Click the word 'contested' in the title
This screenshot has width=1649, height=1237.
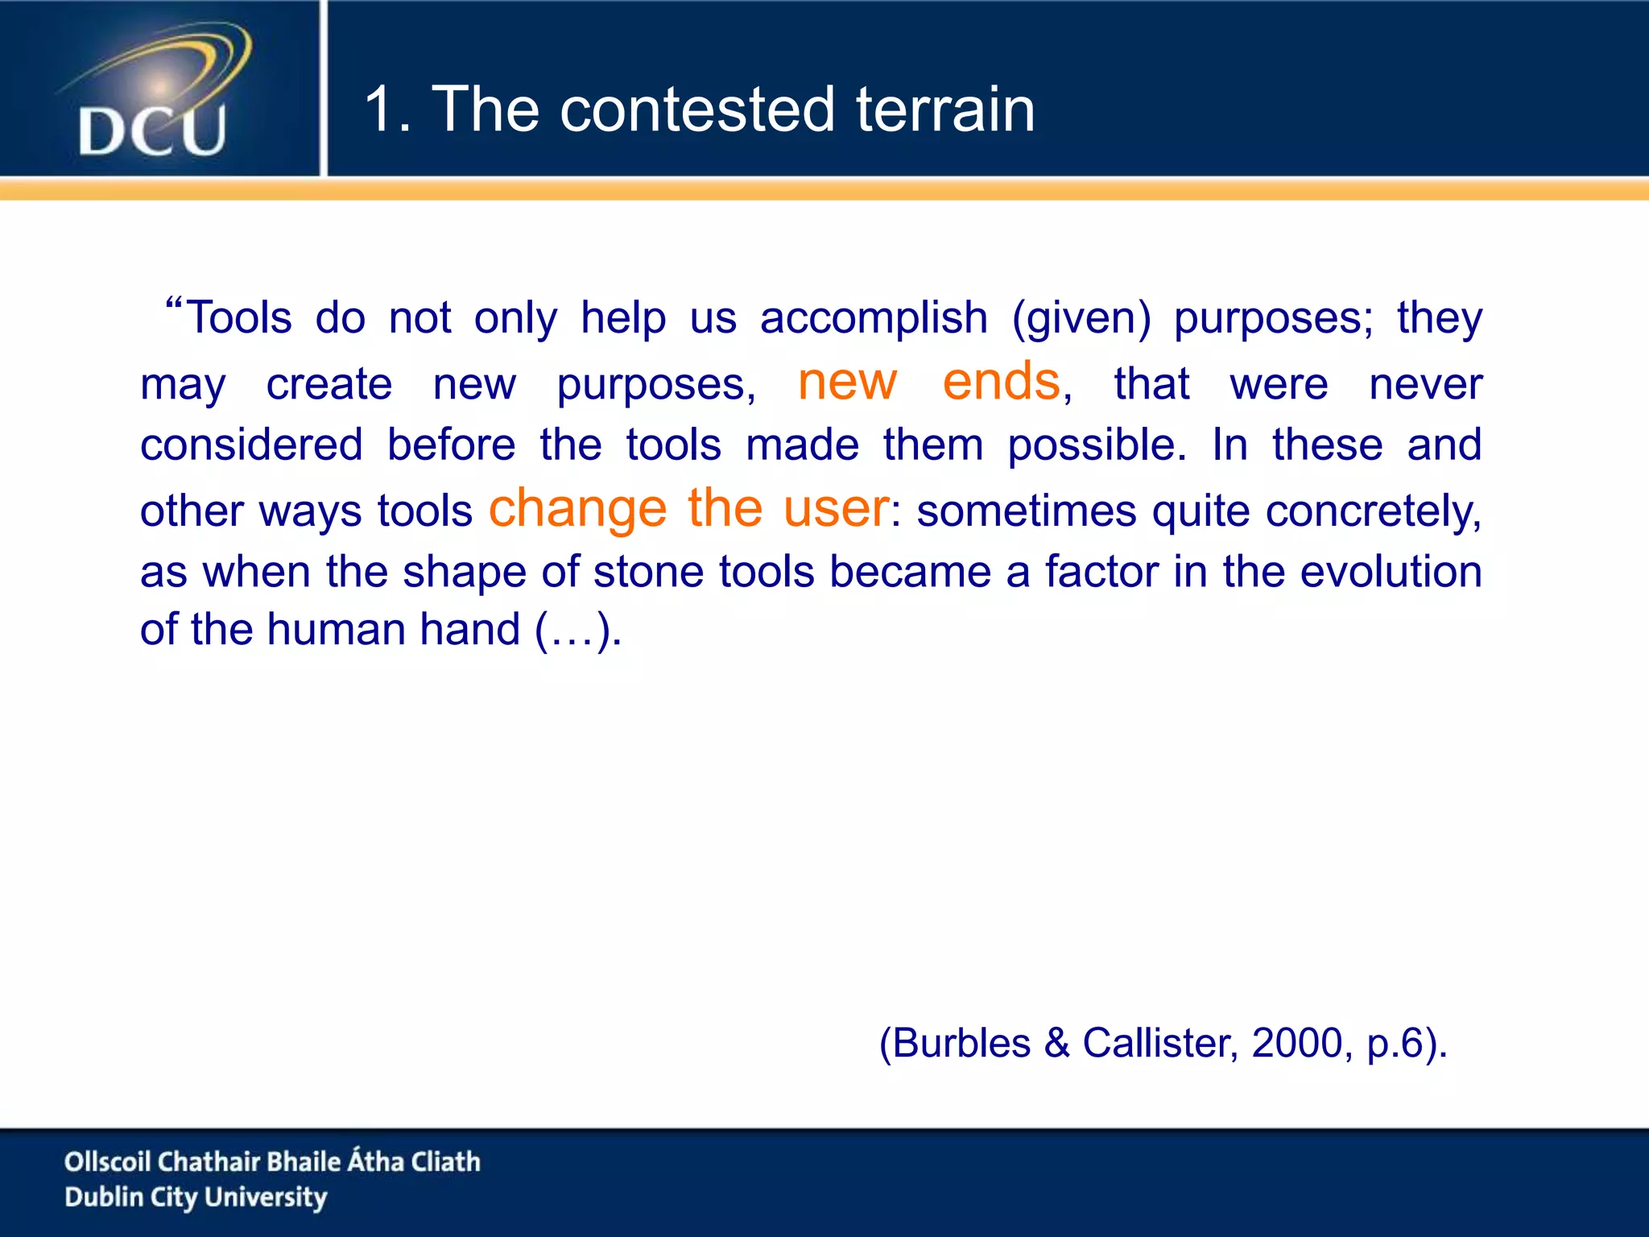696,110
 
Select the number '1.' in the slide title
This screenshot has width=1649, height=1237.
388,110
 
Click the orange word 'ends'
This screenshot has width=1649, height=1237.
1001,382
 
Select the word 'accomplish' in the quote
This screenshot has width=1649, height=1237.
874,318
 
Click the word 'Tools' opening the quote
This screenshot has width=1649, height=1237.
238,318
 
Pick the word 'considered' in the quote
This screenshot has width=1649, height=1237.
251,445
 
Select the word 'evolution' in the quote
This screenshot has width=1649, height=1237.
1391,573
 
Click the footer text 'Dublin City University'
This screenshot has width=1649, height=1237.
196,1198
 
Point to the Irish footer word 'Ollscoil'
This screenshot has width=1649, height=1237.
107,1162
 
